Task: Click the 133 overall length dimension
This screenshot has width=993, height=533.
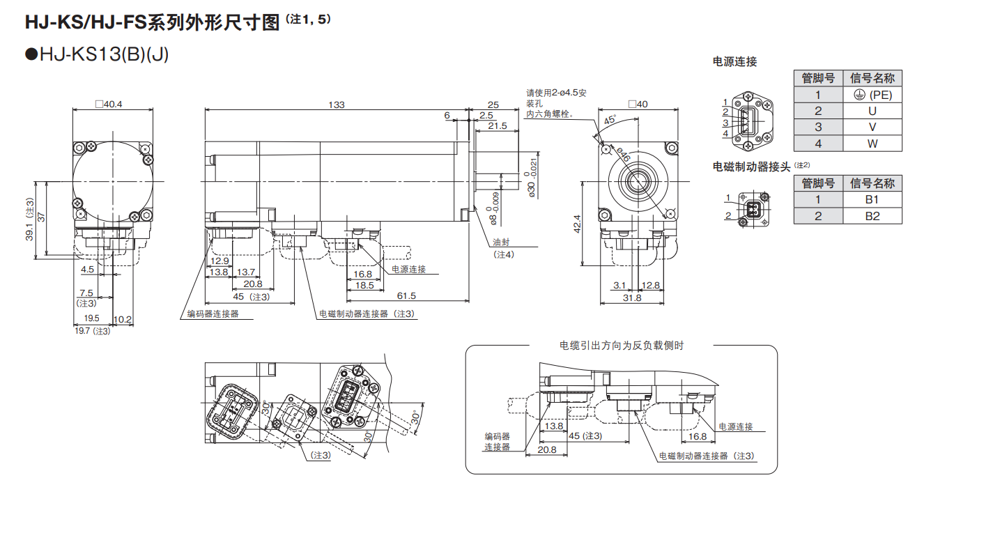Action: click(x=337, y=105)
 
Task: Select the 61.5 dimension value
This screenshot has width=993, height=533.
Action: click(x=407, y=295)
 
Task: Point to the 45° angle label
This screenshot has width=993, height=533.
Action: click(x=610, y=120)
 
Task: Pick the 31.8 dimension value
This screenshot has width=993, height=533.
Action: click(x=632, y=298)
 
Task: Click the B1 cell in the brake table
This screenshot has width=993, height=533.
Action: click(x=872, y=199)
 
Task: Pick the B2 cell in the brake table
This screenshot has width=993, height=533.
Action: click(x=872, y=215)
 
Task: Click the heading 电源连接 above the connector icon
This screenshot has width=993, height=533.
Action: click(x=734, y=61)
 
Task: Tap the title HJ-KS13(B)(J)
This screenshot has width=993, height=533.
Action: click(x=97, y=54)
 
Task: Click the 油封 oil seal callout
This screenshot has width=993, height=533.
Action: click(x=502, y=242)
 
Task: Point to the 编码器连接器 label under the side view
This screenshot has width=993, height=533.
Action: click(x=213, y=314)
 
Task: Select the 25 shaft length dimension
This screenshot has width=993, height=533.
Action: click(x=493, y=105)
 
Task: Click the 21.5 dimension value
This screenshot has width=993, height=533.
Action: click(x=497, y=126)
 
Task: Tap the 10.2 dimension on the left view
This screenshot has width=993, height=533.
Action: click(x=122, y=319)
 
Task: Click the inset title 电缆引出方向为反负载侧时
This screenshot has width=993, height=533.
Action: click(x=622, y=345)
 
